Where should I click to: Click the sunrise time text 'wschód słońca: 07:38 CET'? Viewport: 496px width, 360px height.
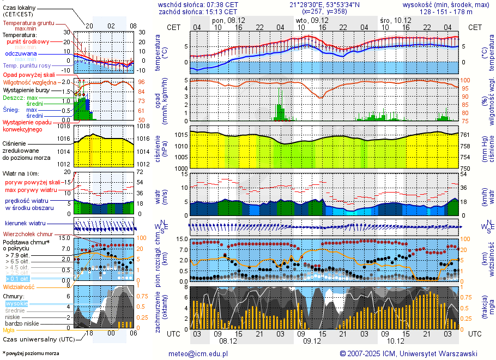click(198, 4)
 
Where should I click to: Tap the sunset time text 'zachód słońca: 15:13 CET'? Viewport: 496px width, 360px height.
click(198, 11)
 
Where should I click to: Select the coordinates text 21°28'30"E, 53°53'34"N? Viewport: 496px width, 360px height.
click(324, 4)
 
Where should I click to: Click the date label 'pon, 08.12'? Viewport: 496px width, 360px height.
click(228, 20)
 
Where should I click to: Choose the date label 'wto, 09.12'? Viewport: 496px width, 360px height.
click(308, 20)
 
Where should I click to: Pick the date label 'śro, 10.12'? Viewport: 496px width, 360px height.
click(395, 20)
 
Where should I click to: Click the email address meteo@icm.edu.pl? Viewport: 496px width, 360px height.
click(198, 353)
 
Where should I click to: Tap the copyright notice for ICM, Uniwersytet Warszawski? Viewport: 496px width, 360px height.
click(408, 353)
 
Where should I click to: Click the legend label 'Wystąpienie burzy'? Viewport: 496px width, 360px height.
click(27, 89)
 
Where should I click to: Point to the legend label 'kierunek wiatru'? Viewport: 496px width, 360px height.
click(26, 224)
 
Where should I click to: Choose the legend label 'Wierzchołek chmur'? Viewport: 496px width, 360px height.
click(30, 234)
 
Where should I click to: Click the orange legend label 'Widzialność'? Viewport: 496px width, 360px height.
click(19, 286)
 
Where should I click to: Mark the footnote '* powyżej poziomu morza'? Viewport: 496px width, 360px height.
click(31, 353)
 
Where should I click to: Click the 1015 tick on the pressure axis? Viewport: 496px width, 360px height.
click(180, 135)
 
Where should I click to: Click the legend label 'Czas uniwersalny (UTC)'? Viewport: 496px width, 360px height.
click(39, 339)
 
